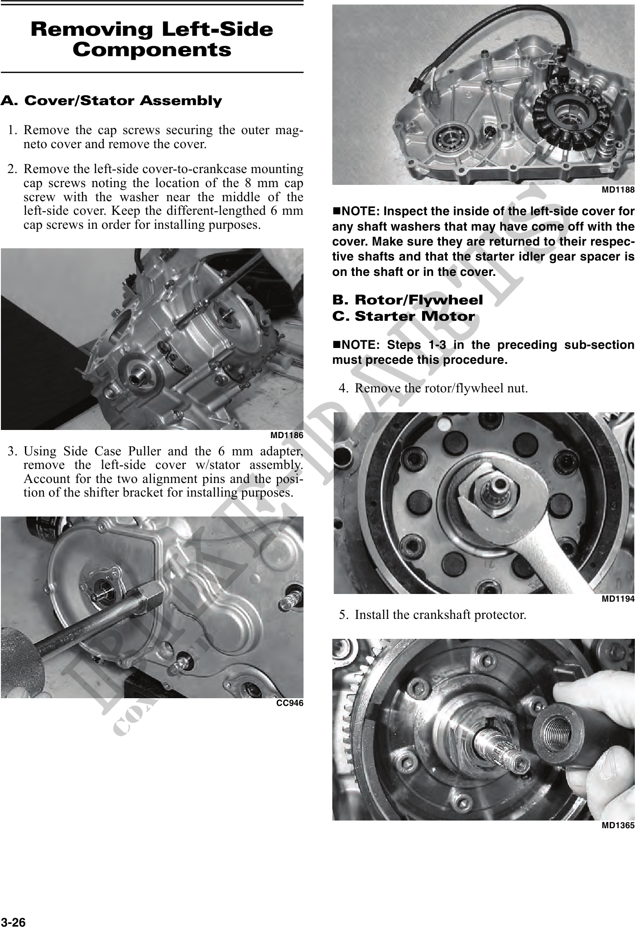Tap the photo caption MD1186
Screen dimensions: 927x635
pos(287,435)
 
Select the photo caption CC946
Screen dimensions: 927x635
pos(290,703)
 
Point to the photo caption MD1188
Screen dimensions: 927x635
pos(618,190)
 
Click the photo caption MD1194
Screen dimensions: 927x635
pos(618,599)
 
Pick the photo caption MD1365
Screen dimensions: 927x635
pos(618,826)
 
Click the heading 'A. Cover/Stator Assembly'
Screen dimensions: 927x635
pos(111,101)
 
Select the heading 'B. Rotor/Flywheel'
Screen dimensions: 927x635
pos(408,300)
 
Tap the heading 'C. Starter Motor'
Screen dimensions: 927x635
pos(404,316)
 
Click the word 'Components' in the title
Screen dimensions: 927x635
pos(152,50)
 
